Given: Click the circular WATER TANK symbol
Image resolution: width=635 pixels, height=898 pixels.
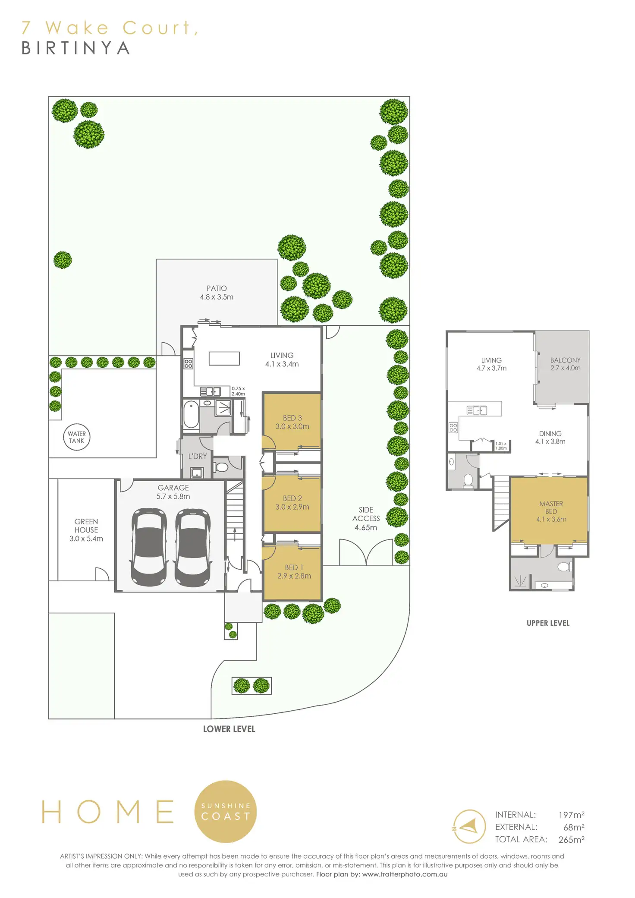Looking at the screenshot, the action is (77, 437).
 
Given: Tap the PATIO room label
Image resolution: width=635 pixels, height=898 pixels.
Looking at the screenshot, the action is (217, 293).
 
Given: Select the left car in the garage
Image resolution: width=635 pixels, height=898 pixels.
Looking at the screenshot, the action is (149, 547).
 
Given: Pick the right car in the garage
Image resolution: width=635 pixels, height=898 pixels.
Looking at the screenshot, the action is (193, 547).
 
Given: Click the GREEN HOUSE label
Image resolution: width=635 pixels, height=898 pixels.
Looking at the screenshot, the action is (86, 530).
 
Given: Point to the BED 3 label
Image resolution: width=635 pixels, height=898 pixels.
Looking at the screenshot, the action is (292, 422).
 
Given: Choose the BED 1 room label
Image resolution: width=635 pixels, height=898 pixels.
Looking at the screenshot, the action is (294, 571).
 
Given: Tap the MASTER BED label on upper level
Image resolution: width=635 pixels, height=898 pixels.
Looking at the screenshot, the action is (551, 511).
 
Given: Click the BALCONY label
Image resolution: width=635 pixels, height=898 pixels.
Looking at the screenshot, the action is (565, 364).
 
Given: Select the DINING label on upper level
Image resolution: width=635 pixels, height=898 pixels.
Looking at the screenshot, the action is (550, 437).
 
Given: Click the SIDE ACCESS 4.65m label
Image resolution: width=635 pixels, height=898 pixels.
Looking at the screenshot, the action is (366, 518).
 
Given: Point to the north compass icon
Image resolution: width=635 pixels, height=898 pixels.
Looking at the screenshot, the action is (469, 826).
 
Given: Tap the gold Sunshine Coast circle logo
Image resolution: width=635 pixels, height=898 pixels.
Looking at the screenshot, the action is (226, 811).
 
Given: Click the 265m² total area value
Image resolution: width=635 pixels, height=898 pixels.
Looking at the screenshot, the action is (571, 840).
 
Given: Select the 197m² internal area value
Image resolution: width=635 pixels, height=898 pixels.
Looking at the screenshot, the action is (571, 815).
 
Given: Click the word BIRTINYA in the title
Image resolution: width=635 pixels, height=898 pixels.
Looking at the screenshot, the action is (76, 48).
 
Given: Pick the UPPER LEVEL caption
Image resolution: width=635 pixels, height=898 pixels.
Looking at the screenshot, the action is (548, 623).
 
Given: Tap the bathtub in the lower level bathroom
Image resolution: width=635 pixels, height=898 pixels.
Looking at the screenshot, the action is (191, 415).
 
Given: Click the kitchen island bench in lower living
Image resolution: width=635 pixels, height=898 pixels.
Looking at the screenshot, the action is (224, 358).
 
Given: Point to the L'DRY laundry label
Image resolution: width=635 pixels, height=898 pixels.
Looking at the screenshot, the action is (198, 456).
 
